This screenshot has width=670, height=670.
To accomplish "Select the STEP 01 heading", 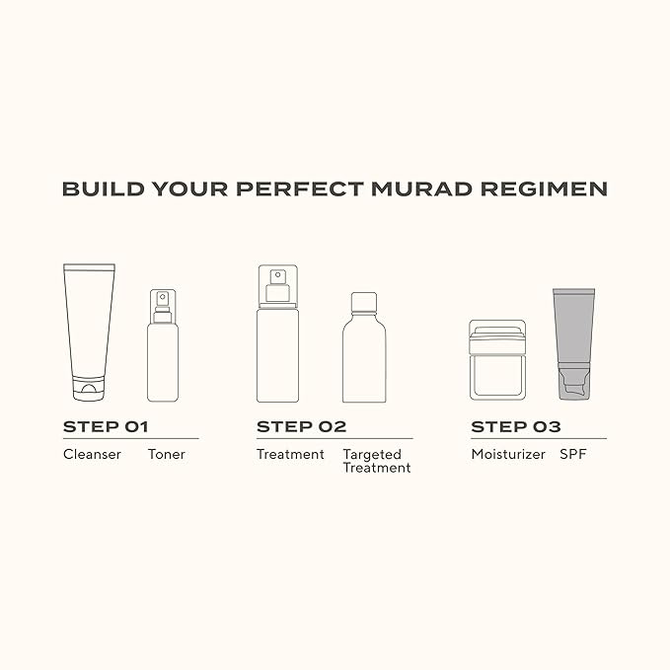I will [105, 427].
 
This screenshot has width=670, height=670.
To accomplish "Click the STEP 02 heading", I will [302, 427].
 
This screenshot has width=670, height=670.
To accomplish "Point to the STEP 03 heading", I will [516, 427].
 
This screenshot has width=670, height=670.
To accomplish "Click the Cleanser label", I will [92, 455].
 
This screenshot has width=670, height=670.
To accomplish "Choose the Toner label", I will [167, 455].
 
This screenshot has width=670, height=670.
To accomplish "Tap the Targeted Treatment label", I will [376, 461].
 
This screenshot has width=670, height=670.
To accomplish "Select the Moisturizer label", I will [508, 455].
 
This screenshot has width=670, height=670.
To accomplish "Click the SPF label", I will [573, 455].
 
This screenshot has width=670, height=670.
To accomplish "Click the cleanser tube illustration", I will [89, 326].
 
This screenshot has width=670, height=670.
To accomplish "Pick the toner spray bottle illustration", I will [163, 350].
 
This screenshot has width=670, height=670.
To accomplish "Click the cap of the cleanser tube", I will [89, 388].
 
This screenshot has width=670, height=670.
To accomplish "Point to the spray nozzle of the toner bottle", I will [163, 300].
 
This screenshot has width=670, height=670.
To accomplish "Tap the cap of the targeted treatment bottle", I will [364, 300].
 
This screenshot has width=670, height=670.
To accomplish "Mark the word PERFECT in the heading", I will [313, 188].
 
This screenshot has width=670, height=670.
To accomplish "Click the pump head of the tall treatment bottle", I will [277, 281].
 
